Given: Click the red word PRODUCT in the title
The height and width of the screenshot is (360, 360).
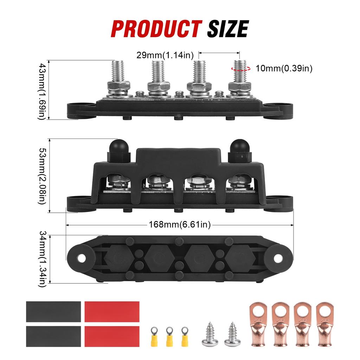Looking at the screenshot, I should click(x=156, y=29).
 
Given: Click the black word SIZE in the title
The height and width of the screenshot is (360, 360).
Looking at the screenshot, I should click(x=227, y=29).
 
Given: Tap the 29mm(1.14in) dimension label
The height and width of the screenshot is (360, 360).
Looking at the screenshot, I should click(x=165, y=55).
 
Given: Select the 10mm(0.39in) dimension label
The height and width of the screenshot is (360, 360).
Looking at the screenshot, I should click(x=284, y=68).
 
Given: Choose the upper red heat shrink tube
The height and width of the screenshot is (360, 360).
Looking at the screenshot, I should click(x=112, y=311).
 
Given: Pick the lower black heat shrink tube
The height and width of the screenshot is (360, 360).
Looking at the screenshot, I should click(x=53, y=335).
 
